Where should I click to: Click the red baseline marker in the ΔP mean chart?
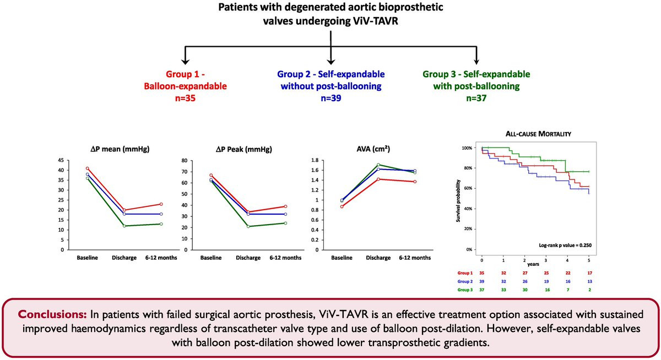click(88, 168)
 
